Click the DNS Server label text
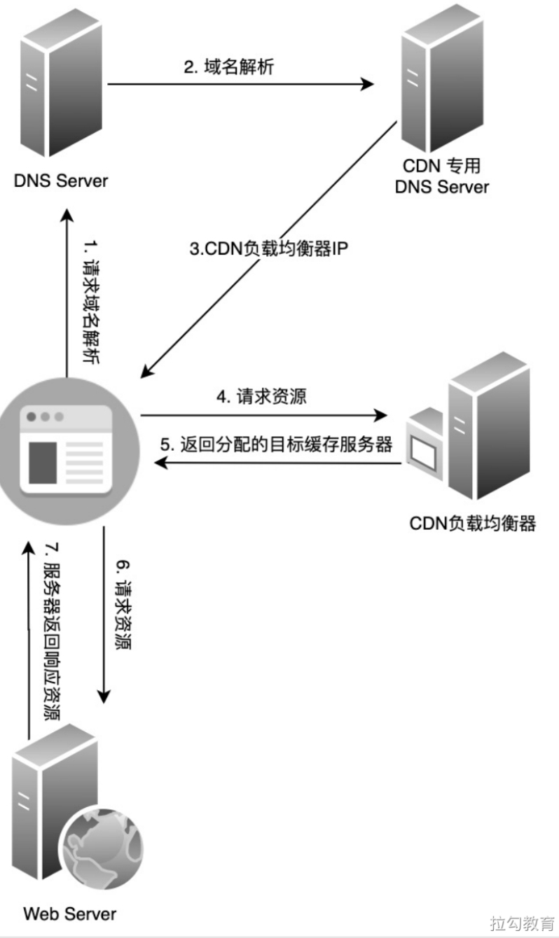61,181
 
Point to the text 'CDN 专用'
441,167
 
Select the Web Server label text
70,913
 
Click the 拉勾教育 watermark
522,923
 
